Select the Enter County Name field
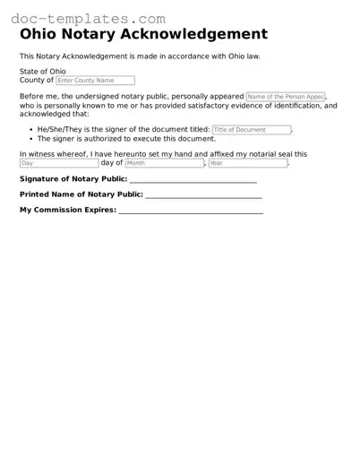95,81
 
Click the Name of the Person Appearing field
286,96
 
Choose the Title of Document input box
252,130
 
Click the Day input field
59,163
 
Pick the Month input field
164,163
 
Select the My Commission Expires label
68,210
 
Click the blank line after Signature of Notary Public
193,181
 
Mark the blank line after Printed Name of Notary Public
203,196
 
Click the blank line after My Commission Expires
191,212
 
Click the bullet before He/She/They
31,130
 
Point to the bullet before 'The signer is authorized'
31,140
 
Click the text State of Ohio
43,71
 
